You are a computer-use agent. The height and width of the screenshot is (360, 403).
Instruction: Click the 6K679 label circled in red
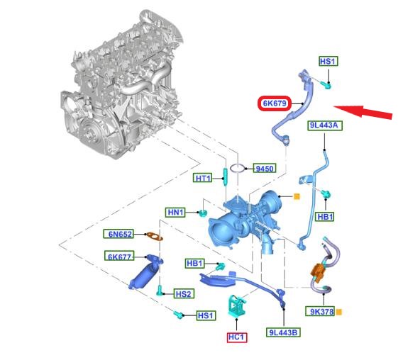275,103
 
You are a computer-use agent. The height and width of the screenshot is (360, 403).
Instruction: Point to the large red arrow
363,112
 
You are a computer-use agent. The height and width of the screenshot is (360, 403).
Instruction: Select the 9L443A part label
325,125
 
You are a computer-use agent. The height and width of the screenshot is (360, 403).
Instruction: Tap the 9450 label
265,169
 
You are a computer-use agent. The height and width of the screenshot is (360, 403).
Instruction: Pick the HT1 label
203,178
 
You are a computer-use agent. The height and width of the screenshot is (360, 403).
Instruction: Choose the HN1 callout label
175,213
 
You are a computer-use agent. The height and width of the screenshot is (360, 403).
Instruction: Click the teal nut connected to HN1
203,213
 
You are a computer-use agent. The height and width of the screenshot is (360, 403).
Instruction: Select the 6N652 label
118,234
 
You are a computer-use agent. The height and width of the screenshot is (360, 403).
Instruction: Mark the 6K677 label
119,256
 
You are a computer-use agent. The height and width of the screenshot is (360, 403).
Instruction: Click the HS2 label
184,294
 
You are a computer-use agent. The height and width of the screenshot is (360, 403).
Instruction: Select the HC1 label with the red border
237,337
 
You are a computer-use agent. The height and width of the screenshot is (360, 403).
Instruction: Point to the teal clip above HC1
236,306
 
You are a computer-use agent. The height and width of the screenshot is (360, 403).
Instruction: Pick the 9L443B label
283,332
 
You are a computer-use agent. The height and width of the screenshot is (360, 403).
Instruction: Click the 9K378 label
320,312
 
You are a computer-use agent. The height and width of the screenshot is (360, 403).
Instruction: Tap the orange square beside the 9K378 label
339,312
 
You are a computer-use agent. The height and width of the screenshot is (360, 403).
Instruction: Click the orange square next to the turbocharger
297,197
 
